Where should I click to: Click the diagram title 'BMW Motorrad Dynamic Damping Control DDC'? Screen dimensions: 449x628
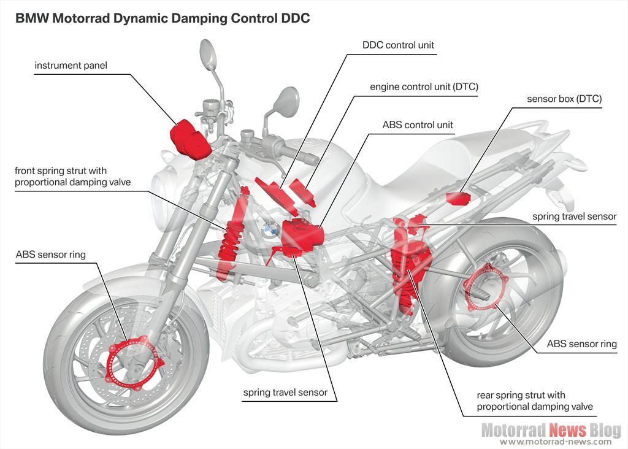tap(163, 18)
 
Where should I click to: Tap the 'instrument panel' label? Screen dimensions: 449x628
tap(71, 65)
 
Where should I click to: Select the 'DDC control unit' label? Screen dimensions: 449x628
tap(398, 45)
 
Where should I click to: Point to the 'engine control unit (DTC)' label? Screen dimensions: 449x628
tap(423, 86)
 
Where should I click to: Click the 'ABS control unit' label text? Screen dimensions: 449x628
tap(418, 125)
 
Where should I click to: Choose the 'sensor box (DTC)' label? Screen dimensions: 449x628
tap(564, 98)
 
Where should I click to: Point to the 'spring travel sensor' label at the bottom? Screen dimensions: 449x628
tap(285, 392)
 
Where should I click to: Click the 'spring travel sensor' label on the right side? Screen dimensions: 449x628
tap(574, 216)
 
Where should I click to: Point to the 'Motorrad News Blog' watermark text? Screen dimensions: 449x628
tap(550, 430)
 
